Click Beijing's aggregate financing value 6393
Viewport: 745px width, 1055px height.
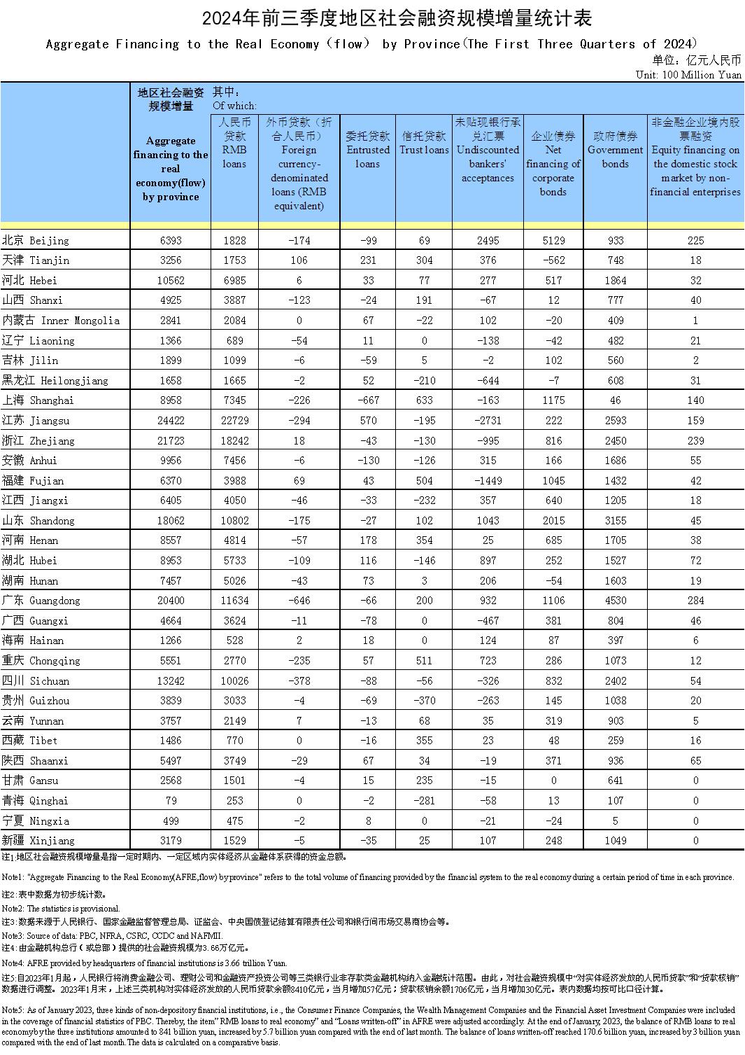click(170, 240)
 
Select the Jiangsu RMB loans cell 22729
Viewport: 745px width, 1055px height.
click(234, 421)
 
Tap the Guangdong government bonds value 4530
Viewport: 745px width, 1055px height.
click(615, 601)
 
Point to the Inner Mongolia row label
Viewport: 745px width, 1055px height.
click(61, 321)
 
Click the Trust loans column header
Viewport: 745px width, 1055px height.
click(424, 143)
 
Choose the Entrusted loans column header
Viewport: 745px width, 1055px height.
click(368, 150)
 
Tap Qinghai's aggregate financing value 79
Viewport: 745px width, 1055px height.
click(170, 800)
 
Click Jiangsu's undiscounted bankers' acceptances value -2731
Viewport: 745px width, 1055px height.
click(488, 421)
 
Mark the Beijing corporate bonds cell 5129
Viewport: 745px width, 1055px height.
click(553, 240)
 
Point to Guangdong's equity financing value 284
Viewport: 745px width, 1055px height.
click(695, 601)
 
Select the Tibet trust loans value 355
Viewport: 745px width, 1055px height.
click(424, 740)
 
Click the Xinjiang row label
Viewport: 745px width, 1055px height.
click(38, 840)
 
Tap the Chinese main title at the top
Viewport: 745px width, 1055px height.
click(372, 18)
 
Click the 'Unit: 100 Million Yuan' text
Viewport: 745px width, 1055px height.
click(688, 74)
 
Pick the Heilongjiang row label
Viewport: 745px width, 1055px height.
click(55, 381)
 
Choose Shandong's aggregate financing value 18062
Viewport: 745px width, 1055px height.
click(170, 521)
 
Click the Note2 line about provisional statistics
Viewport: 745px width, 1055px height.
click(61, 908)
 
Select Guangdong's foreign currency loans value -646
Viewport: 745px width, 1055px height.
click(299, 601)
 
